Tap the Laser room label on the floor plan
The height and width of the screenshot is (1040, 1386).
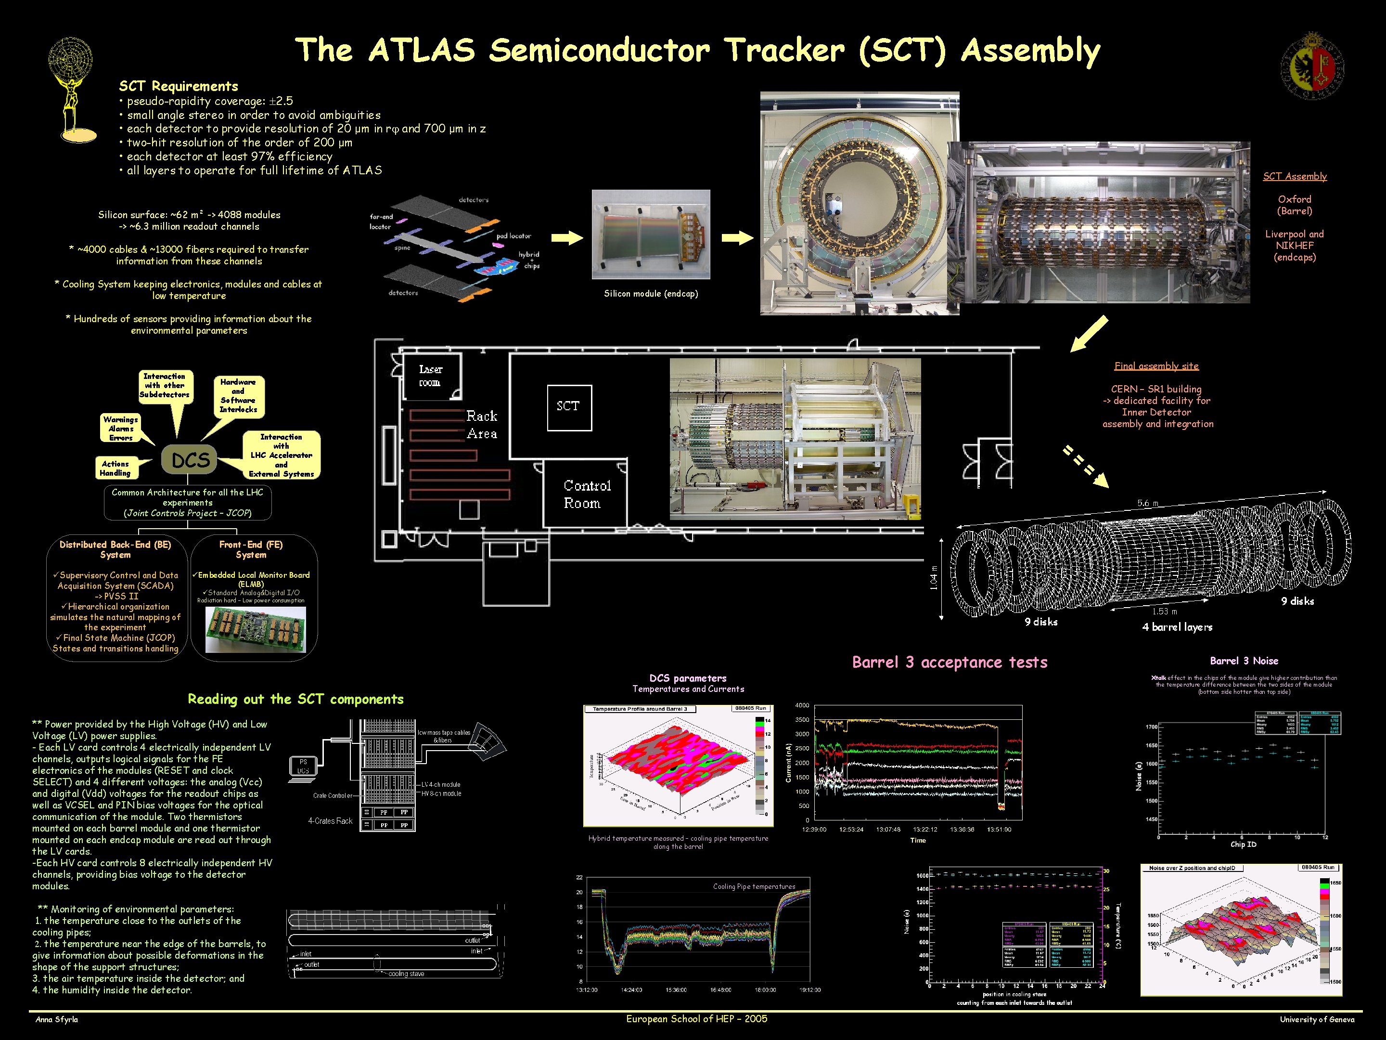pyautogui.click(x=430, y=376)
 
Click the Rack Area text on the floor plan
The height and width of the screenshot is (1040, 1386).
pyautogui.click(x=482, y=424)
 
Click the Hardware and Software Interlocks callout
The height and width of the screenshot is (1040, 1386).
pyautogui.click(x=238, y=396)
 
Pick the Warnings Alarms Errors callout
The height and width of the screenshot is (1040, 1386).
pyautogui.click(x=120, y=428)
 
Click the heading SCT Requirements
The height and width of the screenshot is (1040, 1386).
pyautogui.click(x=179, y=86)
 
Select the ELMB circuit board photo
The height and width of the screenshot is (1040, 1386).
pyautogui.click(x=256, y=629)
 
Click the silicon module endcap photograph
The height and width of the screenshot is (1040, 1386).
pyautogui.click(x=650, y=234)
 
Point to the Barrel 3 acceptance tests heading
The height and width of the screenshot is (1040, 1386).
pyautogui.click(x=950, y=662)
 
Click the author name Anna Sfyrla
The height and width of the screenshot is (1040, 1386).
pyautogui.click(x=57, y=1019)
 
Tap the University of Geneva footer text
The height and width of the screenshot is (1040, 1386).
pyautogui.click(x=1316, y=1019)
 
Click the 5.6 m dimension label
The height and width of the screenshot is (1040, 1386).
pyautogui.click(x=1147, y=503)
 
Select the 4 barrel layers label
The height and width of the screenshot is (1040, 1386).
pyautogui.click(x=1177, y=627)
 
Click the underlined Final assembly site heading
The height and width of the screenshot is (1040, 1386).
pyautogui.click(x=1156, y=366)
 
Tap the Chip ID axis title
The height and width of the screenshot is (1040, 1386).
pyautogui.click(x=1243, y=845)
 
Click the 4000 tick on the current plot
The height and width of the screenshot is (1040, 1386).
pyautogui.click(x=802, y=705)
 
